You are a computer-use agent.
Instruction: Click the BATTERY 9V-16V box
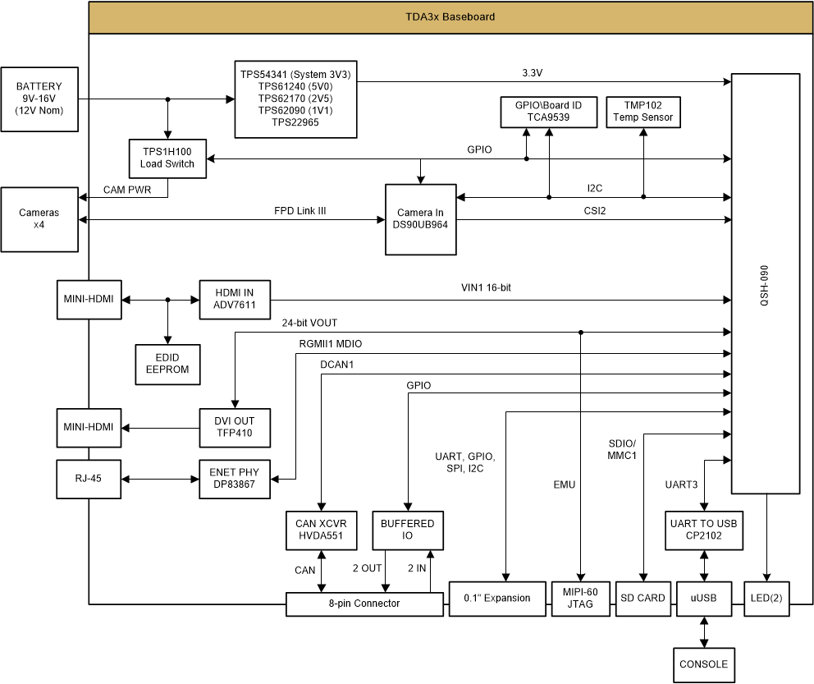(x=39, y=99)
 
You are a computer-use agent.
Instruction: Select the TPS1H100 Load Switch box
(x=167, y=158)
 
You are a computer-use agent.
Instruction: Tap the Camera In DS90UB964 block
(x=420, y=218)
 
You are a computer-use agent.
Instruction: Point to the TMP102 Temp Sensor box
(x=643, y=112)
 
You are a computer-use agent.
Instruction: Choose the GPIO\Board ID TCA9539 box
(x=548, y=112)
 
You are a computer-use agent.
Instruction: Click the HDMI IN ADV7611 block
(x=235, y=300)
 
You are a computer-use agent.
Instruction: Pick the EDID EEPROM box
(x=167, y=364)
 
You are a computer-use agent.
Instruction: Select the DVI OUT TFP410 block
(x=235, y=428)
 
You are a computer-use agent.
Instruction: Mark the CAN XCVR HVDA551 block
(x=322, y=530)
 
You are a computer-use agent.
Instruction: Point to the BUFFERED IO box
(x=407, y=530)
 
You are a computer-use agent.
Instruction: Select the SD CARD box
(x=643, y=598)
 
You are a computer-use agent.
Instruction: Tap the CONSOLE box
(x=703, y=664)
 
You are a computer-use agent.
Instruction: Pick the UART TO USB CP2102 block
(x=703, y=530)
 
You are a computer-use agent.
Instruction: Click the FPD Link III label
(x=300, y=211)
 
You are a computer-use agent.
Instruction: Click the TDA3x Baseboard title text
(x=450, y=17)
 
